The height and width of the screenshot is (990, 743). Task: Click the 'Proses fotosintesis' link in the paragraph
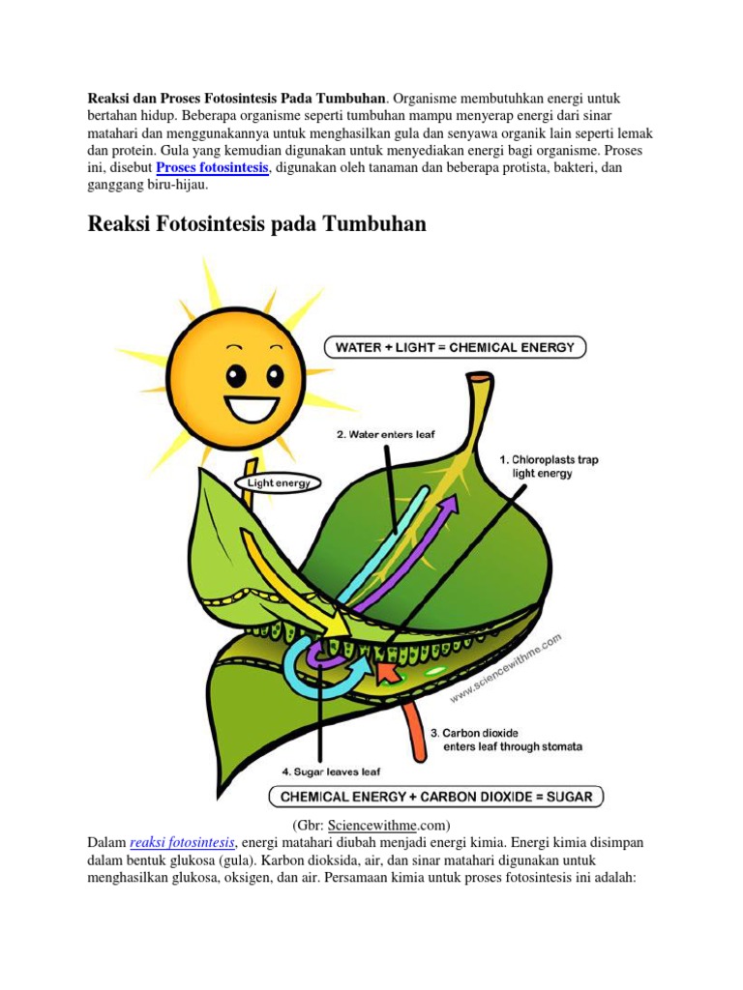(x=212, y=168)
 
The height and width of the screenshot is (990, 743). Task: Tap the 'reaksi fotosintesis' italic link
(x=182, y=843)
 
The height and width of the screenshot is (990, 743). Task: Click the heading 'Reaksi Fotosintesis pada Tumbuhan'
(x=256, y=224)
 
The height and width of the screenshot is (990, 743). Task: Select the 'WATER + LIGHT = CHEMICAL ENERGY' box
(x=454, y=347)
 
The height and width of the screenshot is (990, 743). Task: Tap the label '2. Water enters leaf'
(x=385, y=435)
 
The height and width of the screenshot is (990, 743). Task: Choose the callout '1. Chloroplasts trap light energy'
(x=549, y=466)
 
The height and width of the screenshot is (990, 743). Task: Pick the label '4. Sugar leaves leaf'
(x=331, y=772)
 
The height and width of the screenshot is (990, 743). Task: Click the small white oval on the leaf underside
(x=435, y=671)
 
